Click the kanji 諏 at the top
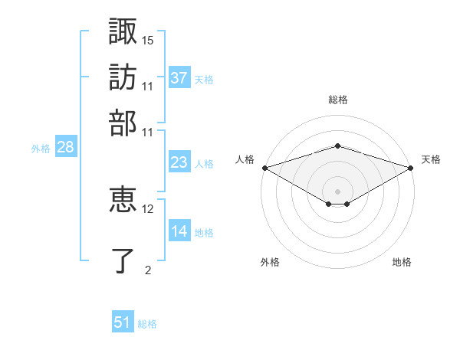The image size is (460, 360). pyautogui.click(x=123, y=31)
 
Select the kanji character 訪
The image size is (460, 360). pyautogui.click(x=123, y=77)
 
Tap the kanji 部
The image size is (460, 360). pyautogui.click(x=123, y=123)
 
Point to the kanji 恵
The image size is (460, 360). pyautogui.click(x=123, y=199)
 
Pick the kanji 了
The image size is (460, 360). pyautogui.click(x=123, y=260)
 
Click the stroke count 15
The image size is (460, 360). pyautogui.click(x=147, y=41)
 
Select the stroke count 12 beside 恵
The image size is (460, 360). pyautogui.click(x=147, y=209)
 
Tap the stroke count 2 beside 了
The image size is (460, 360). pyautogui.click(x=148, y=270)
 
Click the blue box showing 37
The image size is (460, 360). pyautogui.click(x=179, y=77)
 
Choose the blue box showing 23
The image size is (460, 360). pyautogui.click(x=179, y=162)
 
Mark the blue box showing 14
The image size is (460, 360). pyautogui.click(x=179, y=230)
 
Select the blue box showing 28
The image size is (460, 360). pyautogui.click(x=66, y=146)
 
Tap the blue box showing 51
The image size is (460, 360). pyautogui.click(x=123, y=321)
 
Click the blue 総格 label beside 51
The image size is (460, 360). pyautogui.click(x=147, y=324)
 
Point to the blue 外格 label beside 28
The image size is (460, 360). pyautogui.click(x=41, y=149)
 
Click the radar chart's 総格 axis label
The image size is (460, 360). pyautogui.click(x=338, y=100)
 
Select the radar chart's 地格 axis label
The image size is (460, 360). pyautogui.click(x=402, y=262)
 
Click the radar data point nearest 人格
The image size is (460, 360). pyautogui.click(x=265, y=168)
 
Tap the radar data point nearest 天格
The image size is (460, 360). pyautogui.click(x=411, y=168)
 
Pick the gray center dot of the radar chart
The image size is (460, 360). pyautogui.click(x=337, y=191)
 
